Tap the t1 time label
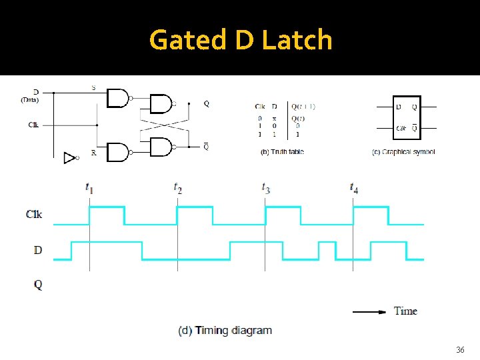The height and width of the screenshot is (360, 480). [89, 188]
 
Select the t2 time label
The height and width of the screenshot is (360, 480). [177, 188]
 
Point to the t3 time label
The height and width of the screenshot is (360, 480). [265, 188]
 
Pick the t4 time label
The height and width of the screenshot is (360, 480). [354, 188]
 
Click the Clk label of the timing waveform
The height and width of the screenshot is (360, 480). [34, 215]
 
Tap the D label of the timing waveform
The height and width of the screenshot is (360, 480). [37, 250]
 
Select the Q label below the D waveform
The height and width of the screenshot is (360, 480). [37, 285]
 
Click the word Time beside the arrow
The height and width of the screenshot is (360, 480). [405, 311]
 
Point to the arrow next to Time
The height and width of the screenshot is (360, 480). [369, 311]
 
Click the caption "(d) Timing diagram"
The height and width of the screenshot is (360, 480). [225, 331]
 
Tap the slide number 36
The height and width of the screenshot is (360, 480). [460, 350]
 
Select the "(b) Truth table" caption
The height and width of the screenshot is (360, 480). [282, 152]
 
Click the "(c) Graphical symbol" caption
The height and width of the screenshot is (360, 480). [403, 152]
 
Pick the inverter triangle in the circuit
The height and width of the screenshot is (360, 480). [69, 157]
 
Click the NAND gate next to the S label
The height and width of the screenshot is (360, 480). [117, 98]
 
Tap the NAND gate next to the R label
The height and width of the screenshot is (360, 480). [117, 152]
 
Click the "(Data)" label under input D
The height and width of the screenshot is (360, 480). [29, 100]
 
